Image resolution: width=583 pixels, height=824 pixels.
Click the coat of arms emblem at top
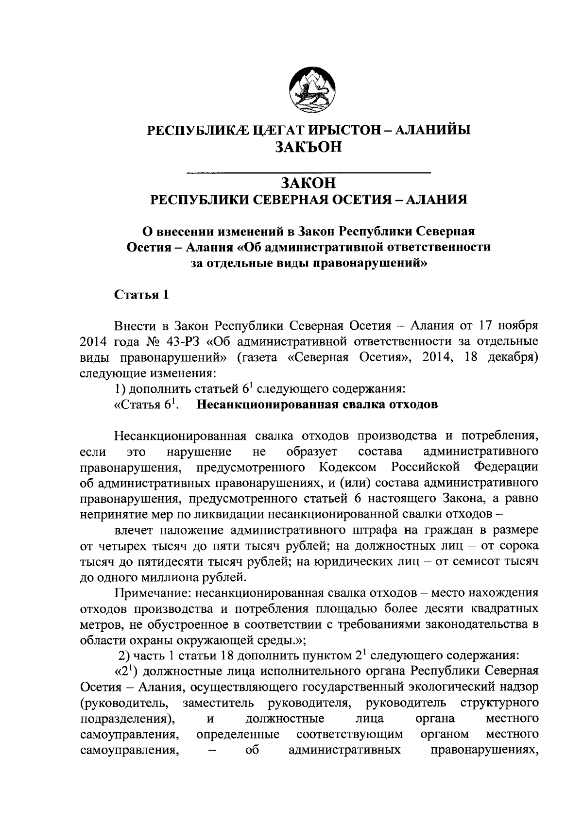click(x=309, y=87)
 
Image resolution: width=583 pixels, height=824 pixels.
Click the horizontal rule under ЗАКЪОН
click(x=309, y=171)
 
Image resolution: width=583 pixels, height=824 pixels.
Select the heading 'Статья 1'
click(x=141, y=295)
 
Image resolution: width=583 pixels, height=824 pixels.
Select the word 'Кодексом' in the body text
click(x=348, y=468)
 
